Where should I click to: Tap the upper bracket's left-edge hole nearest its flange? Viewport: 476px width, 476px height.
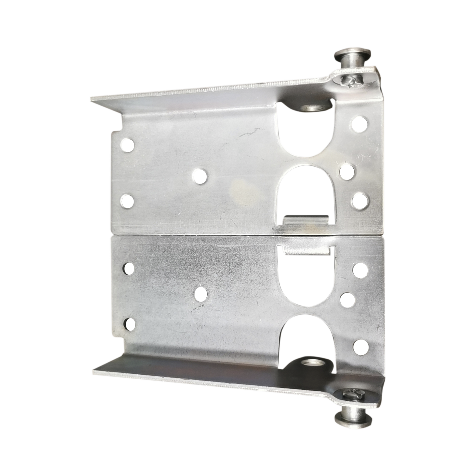(128, 145)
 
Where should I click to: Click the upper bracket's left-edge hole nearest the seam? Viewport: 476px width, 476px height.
(127, 201)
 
